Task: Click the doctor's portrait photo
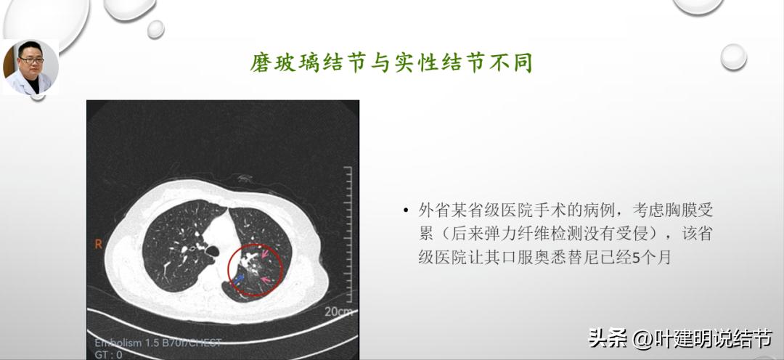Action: (30, 67)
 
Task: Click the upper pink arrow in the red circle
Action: (266, 255)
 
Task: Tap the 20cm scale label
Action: (338, 312)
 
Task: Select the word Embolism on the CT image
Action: (119, 343)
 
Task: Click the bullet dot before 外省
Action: (406, 211)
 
